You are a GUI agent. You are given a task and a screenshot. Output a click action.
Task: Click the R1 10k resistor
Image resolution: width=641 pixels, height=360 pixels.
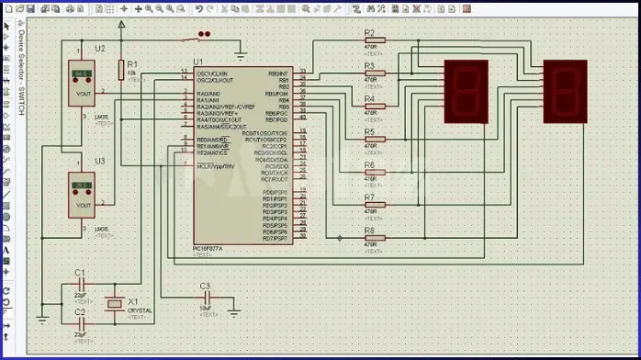point(120,69)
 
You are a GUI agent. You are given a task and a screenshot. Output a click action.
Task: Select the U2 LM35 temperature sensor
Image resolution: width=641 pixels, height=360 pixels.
point(82,84)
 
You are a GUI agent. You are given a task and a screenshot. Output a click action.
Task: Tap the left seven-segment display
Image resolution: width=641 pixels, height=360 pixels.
point(465,92)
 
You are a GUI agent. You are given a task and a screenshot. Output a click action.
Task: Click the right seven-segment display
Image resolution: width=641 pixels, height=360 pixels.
point(565,92)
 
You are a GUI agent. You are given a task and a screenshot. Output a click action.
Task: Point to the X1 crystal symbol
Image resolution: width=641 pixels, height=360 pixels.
point(115,303)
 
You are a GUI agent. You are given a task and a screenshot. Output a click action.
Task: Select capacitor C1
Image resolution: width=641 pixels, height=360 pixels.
point(80,285)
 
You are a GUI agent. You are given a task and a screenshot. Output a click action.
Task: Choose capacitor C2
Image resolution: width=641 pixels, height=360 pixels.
point(80,322)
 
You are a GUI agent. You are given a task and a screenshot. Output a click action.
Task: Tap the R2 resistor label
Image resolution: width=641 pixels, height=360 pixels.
point(369,32)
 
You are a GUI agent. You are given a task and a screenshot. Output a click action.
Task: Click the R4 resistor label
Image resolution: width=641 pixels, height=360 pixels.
point(369,98)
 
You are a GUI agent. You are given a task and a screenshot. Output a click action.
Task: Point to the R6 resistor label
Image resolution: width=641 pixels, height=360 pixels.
point(369,164)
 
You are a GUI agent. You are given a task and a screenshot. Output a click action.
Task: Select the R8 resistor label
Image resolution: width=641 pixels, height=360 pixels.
point(369,231)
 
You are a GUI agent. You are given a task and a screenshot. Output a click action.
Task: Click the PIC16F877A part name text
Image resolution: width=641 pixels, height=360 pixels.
point(212,247)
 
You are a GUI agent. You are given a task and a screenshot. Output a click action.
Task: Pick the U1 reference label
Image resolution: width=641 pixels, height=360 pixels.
point(197,62)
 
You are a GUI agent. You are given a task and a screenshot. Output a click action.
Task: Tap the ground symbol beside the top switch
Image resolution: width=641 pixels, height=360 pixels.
point(240,52)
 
